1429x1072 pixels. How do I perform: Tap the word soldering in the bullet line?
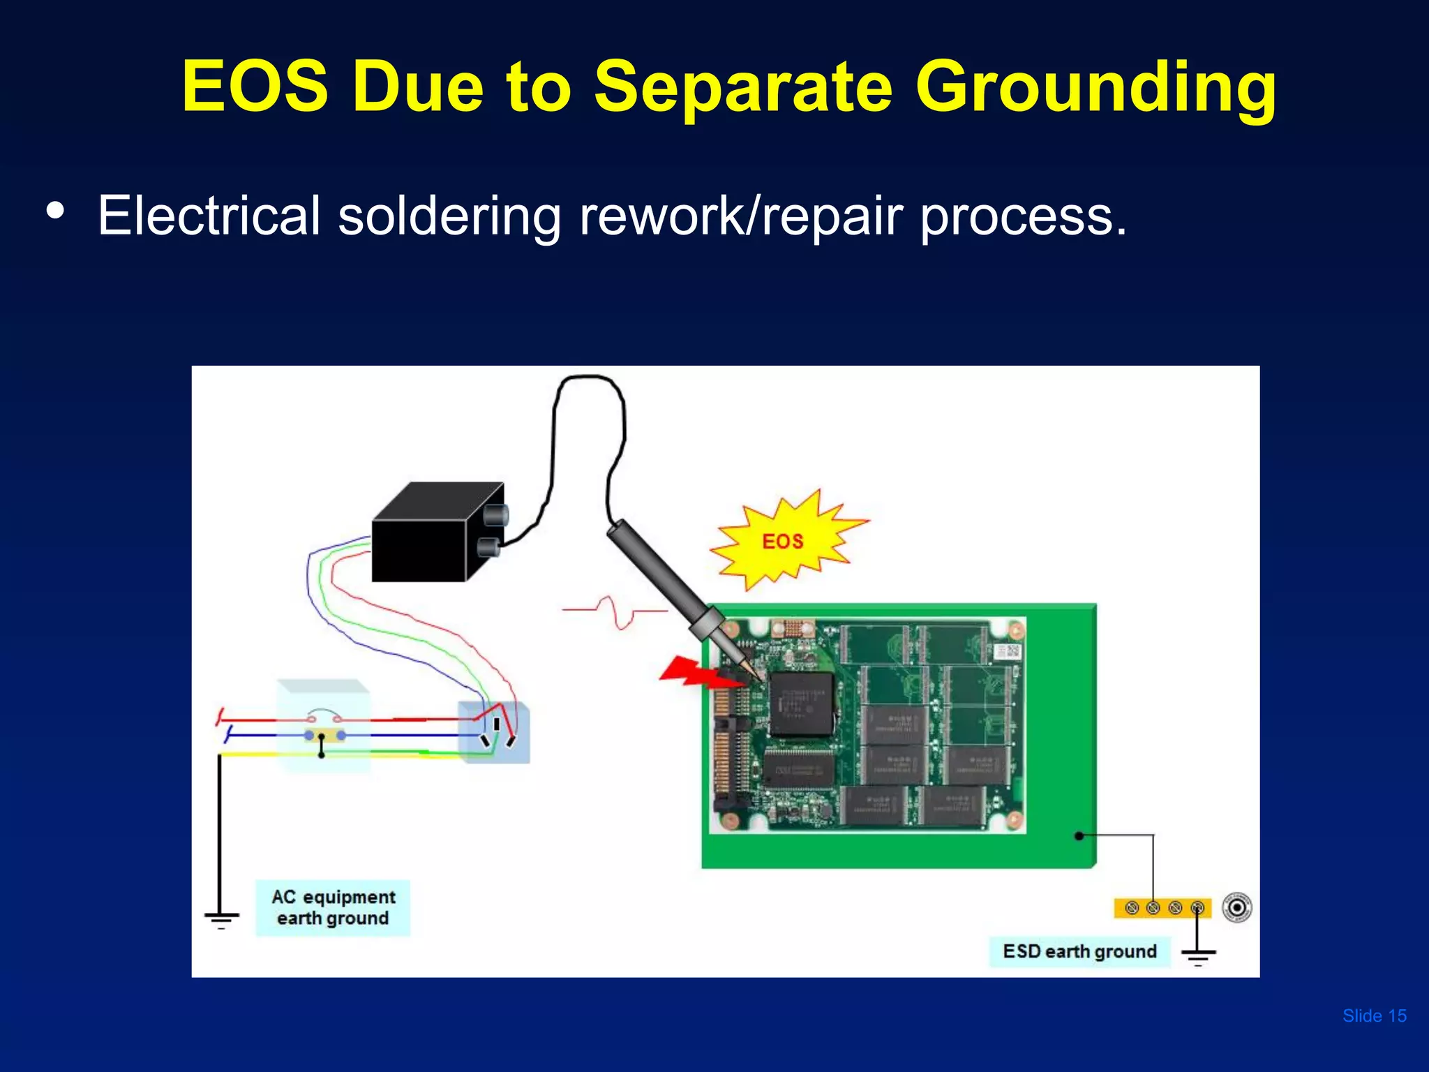pyautogui.click(x=449, y=216)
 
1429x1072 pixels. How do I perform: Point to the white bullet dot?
pyautogui.click(x=55, y=210)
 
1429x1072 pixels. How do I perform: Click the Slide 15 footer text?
pyautogui.click(x=1374, y=1015)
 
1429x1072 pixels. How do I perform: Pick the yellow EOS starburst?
pyautogui.click(x=784, y=541)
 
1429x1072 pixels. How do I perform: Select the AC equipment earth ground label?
pyautogui.click(x=333, y=907)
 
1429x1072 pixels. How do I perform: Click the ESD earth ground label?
pyautogui.click(x=1079, y=951)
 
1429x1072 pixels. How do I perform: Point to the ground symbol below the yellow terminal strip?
pyautogui.click(x=1198, y=953)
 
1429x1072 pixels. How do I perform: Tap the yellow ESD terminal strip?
pyautogui.click(x=1162, y=908)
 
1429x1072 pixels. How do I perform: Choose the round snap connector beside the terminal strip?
pyautogui.click(x=1237, y=907)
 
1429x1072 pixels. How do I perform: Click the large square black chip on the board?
pyautogui.click(x=801, y=703)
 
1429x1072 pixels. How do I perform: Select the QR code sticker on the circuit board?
pyautogui.click(x=1008, y=652)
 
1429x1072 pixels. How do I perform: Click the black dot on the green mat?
pyautogui.click(x=1079, y=835)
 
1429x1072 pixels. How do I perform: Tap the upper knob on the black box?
pyautogui.click(x=496, y=516)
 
